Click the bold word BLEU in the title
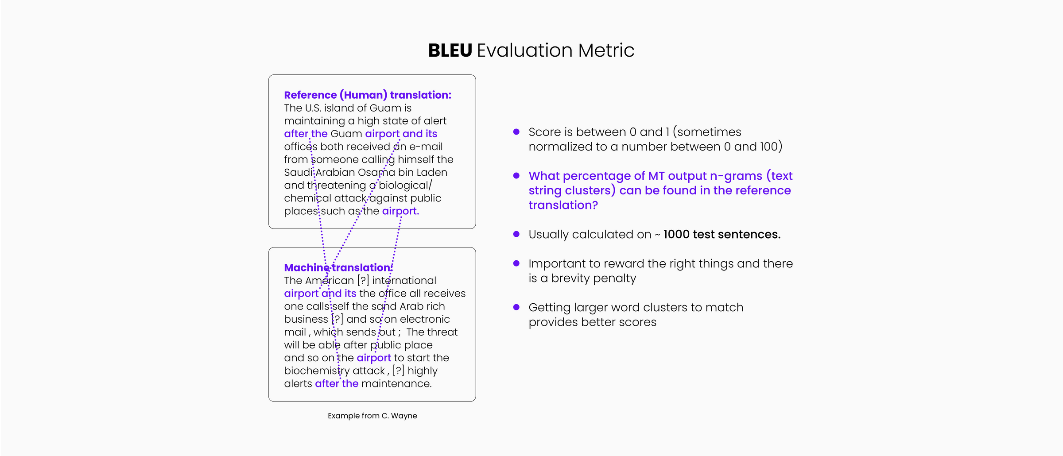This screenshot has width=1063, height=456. (x=450, y=50)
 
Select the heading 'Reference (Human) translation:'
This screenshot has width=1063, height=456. (x=368, y=95)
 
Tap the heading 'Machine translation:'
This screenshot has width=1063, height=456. (x=338, y=267)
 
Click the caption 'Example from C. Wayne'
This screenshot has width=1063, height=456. (x=372, y=416)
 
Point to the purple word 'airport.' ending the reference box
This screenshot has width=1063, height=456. (x=400, y=211)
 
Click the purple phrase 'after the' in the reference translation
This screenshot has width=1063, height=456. (x=306, y=134)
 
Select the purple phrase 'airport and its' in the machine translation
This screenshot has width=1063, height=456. (x=320, y=294)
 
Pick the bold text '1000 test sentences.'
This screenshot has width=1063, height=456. (x=722, y=234)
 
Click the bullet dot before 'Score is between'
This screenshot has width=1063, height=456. (x=516, y=131)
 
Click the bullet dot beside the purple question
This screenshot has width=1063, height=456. (x=516, y=175)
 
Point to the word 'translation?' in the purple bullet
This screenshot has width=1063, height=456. (x=563, y=205)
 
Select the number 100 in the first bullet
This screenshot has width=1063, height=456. (x=769, y=147)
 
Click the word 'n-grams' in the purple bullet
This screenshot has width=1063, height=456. (x=736, y=176)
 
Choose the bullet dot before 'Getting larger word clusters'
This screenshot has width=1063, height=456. (x=516, y=307)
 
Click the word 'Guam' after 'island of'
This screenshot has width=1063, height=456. (x=385, y=108)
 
